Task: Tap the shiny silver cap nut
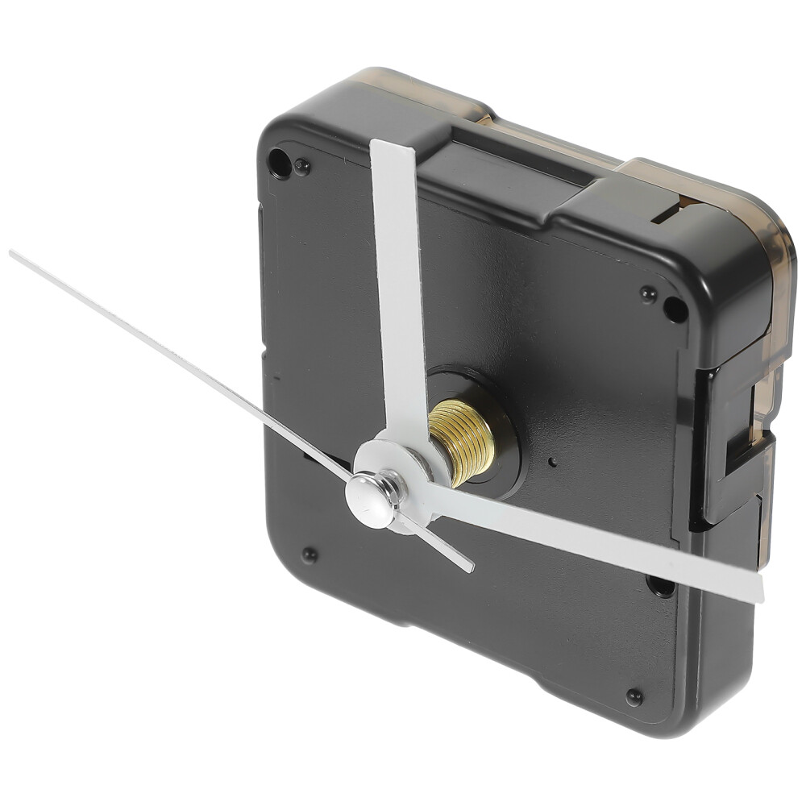[x=372, y=500]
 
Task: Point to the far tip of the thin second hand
[x=13, y=254]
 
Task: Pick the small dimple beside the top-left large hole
[x=302, y=167]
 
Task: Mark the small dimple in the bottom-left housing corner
[x=309, y=555]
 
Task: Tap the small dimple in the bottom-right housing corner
[x=634, y=696]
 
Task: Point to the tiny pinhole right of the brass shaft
[x=553, y=463]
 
